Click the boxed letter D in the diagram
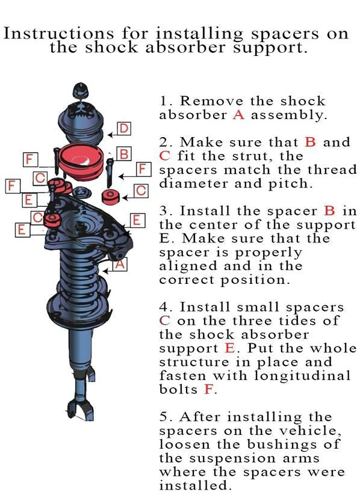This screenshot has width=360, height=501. click(x=124, y=129)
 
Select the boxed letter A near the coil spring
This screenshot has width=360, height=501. click(x=120, y=264)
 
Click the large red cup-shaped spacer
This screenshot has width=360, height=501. click(x=82, y=161)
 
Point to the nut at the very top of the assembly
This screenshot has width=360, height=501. click(x=80, y=90)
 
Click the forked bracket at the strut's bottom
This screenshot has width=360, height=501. click(x=80, y=410)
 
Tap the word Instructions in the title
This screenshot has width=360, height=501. click(x=58, y=33)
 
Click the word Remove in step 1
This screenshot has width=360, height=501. click(x=212, y=101)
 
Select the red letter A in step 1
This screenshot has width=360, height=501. click(x=239, y=115)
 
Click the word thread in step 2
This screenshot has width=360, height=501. click(x=332, y=170)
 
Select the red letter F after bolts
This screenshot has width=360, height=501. click(x=208, y=390)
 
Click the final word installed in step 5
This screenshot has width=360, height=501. click(x=195, y=486)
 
